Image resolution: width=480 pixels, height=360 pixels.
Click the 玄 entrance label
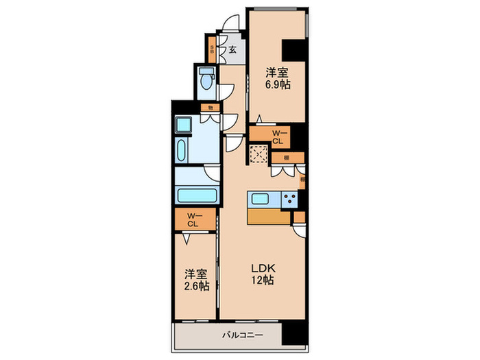point(232,49)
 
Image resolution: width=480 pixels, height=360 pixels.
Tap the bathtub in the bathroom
point(197,195)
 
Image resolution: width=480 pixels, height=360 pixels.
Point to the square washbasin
point(184,125)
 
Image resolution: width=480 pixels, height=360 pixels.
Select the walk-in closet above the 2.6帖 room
point(193,220)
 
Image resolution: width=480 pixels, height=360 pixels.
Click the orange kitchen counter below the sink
point(270,217)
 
